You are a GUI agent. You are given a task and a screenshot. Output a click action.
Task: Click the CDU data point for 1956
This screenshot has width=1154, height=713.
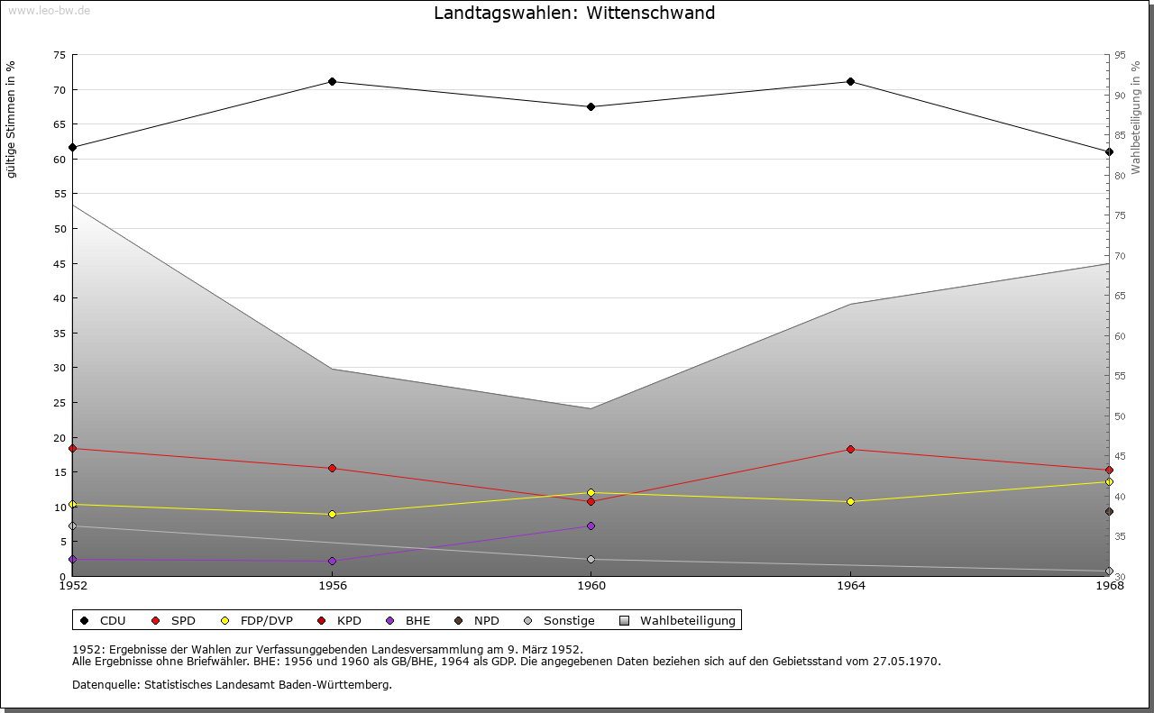332,82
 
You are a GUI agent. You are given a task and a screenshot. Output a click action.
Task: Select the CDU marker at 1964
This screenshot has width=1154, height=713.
850,82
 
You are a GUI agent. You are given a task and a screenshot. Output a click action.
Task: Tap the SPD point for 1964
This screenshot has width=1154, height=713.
850,449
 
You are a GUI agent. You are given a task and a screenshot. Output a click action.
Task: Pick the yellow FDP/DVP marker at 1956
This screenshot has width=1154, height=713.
332,514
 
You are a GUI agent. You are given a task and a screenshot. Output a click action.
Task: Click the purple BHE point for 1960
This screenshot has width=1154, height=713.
591,526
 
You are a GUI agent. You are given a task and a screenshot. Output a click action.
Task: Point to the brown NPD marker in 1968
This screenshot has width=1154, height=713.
1109,511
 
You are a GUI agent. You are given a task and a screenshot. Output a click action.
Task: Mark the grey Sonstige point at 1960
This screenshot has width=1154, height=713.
591,560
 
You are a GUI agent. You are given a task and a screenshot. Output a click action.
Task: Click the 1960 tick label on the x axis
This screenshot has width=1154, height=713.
591,585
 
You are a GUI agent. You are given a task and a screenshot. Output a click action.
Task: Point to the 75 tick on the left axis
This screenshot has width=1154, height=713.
59,55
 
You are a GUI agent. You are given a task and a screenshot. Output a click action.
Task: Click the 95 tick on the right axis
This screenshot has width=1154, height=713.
1120,55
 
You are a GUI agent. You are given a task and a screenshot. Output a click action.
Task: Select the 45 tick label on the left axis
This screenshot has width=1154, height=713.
59,263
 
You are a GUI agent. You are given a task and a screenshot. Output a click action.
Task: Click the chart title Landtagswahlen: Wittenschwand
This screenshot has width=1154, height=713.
574,13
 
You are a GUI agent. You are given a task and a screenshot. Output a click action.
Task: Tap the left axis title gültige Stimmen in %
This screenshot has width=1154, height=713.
11,119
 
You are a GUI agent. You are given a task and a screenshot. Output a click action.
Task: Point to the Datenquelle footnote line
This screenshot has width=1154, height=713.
232,684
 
